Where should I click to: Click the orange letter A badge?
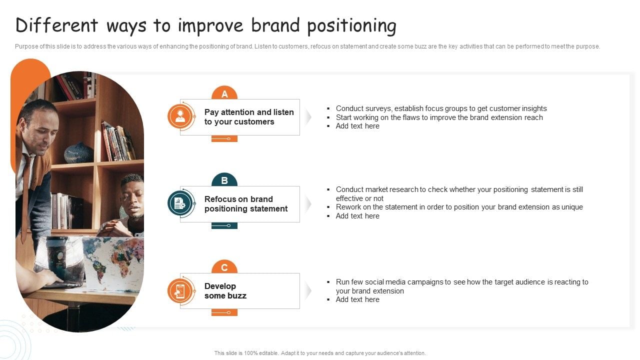coord(224,93)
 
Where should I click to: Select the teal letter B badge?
coord(224,180)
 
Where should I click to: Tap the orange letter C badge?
coord(224,267)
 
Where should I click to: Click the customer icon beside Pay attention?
coord(180,117)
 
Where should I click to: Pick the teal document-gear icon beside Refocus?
coord(180,204)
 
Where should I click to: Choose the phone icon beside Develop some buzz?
coord(180,291)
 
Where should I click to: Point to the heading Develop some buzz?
coord(225,291)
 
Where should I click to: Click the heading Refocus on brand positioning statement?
coord(246,204)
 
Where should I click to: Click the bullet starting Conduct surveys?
coord(441,108)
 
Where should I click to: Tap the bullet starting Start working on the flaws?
coord(439,117)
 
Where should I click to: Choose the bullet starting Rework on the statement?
coord(459,207)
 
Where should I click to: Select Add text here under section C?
coord(357,299)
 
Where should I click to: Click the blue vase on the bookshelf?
coord(78,153)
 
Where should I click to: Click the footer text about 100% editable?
coord(320,353)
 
